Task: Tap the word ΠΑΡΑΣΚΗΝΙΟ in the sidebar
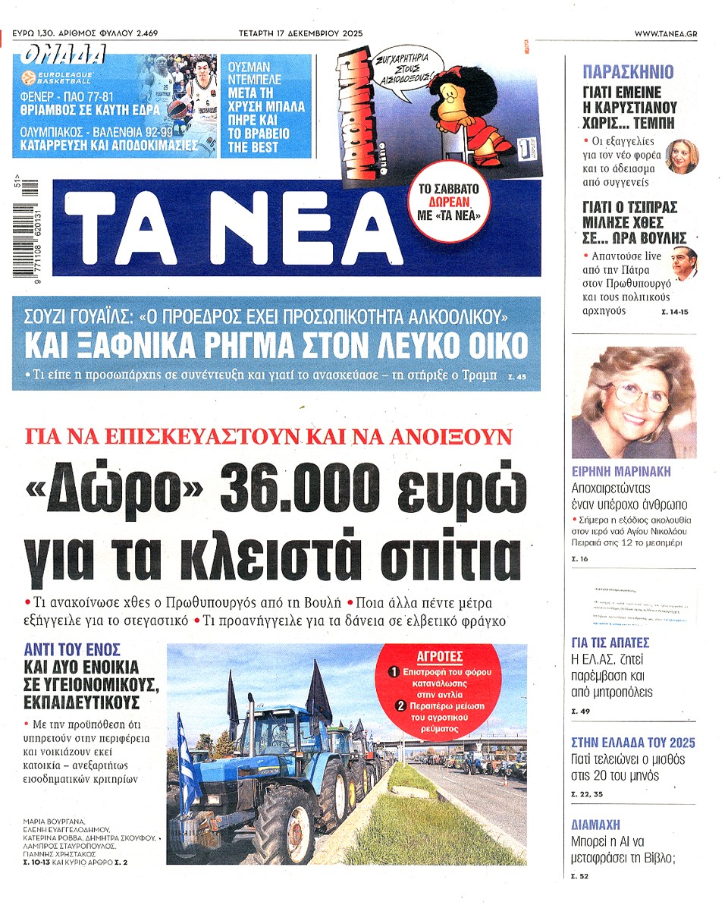click(x=627, y=73)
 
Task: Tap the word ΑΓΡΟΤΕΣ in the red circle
click(x=440, y=657)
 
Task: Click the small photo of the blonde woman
click(x=680, y=157)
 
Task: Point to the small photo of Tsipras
click(x=684, y=262)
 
